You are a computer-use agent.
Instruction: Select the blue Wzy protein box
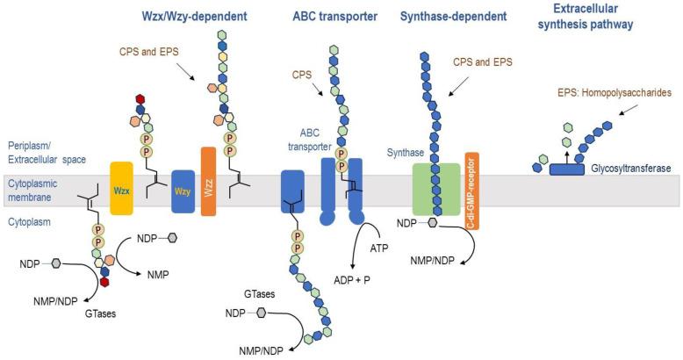click(182, 191)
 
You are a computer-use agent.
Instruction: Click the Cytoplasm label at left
click(29, 223)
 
